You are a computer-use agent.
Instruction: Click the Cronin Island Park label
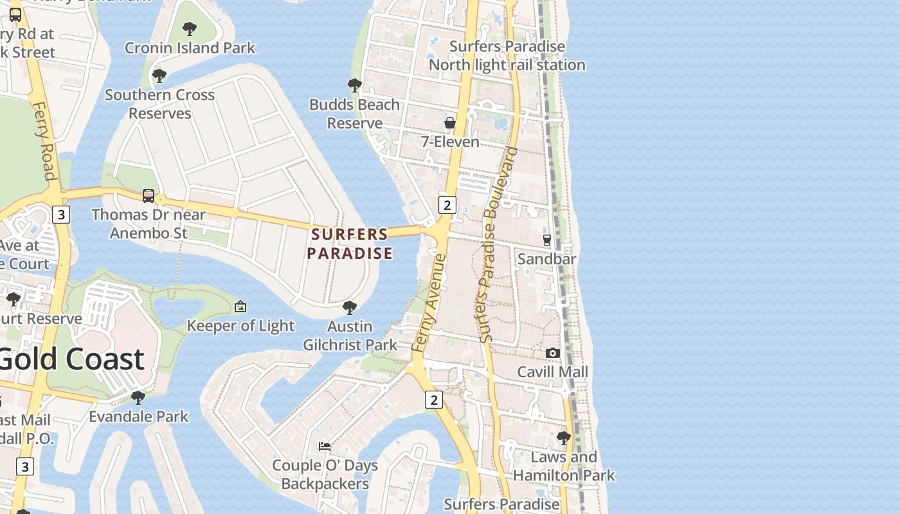pyautogui.click(x=190, y=48)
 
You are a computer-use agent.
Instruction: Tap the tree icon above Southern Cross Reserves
pyautogui.click(x=159, y=76)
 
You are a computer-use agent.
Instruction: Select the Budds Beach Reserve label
pyautogui.click(x=354, y=114)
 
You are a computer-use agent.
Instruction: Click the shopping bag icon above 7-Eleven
pyautogui.click(x=450, y=122)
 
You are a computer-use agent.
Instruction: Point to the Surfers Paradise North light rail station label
pyautogui.click(x=507, y=56)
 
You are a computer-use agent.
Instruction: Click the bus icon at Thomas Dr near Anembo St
pyautogui.click(x=148, y=195)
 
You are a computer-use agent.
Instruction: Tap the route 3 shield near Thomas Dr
pyautogui.click(x=60, y=215)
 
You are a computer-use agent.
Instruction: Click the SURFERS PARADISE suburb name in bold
pyautogui.click(x=350, y=244)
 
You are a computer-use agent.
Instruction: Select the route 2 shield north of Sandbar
pyautogui.click(x=447, y=205)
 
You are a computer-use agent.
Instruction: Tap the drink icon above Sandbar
pyautogui.click(x=547, y=240)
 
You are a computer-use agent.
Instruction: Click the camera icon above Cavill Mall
pyautogui.click(x=552, y=353)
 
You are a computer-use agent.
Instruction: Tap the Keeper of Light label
pyautogui.click(x=240, y=326)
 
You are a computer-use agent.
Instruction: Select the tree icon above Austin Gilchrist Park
pyautogui.click(x=350, y=308)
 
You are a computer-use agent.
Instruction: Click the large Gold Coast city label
pyautogui.click(x=71, y=359)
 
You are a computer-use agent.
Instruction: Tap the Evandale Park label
pyautogui.click(x=138, y=416)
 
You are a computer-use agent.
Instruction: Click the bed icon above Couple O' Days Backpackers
pyautogui.click(x=325, y=446)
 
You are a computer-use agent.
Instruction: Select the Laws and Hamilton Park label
pyautogui.click(x=564, y=466)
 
